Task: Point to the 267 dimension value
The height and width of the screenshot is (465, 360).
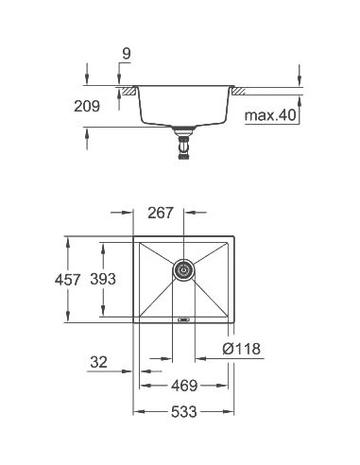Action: pos(160,213)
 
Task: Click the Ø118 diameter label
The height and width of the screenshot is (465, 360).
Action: pos(241,348)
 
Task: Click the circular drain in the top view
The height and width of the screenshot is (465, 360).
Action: pos(184,271)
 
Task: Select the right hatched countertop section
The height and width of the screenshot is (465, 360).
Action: pos(241,91)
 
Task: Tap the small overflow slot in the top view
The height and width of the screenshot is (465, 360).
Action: pos(184,319)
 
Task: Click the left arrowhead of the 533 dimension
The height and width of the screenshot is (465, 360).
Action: pos(136,413)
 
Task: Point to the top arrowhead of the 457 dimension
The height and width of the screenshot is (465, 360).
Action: pos(67,239)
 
